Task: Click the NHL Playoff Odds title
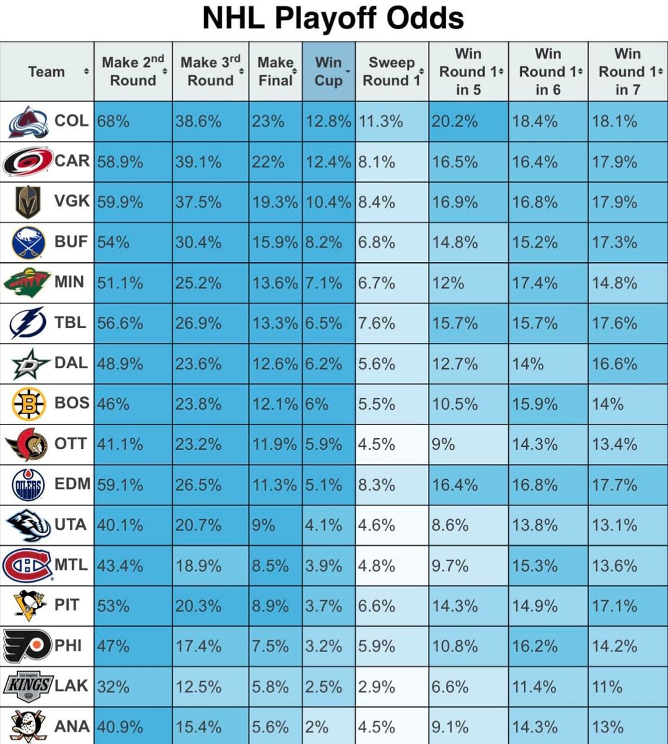click(x=333, y=19)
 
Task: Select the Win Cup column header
click(x=328, y=71)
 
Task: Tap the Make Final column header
click(x=275, y=71)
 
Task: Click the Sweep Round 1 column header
click(x=391, y=71)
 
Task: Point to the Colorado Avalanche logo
click(x=28, y=122)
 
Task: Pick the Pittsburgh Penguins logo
click(x=30, y=606)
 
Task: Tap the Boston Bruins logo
click(x=29, y=404)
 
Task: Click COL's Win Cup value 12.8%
click(x=328, y=122)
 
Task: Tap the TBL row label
click(x=71, y=322)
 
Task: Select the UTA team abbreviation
click(x=71, y=525)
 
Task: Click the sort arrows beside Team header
click(x=87, y=72)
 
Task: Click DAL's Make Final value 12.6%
click(x=275, y=363)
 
